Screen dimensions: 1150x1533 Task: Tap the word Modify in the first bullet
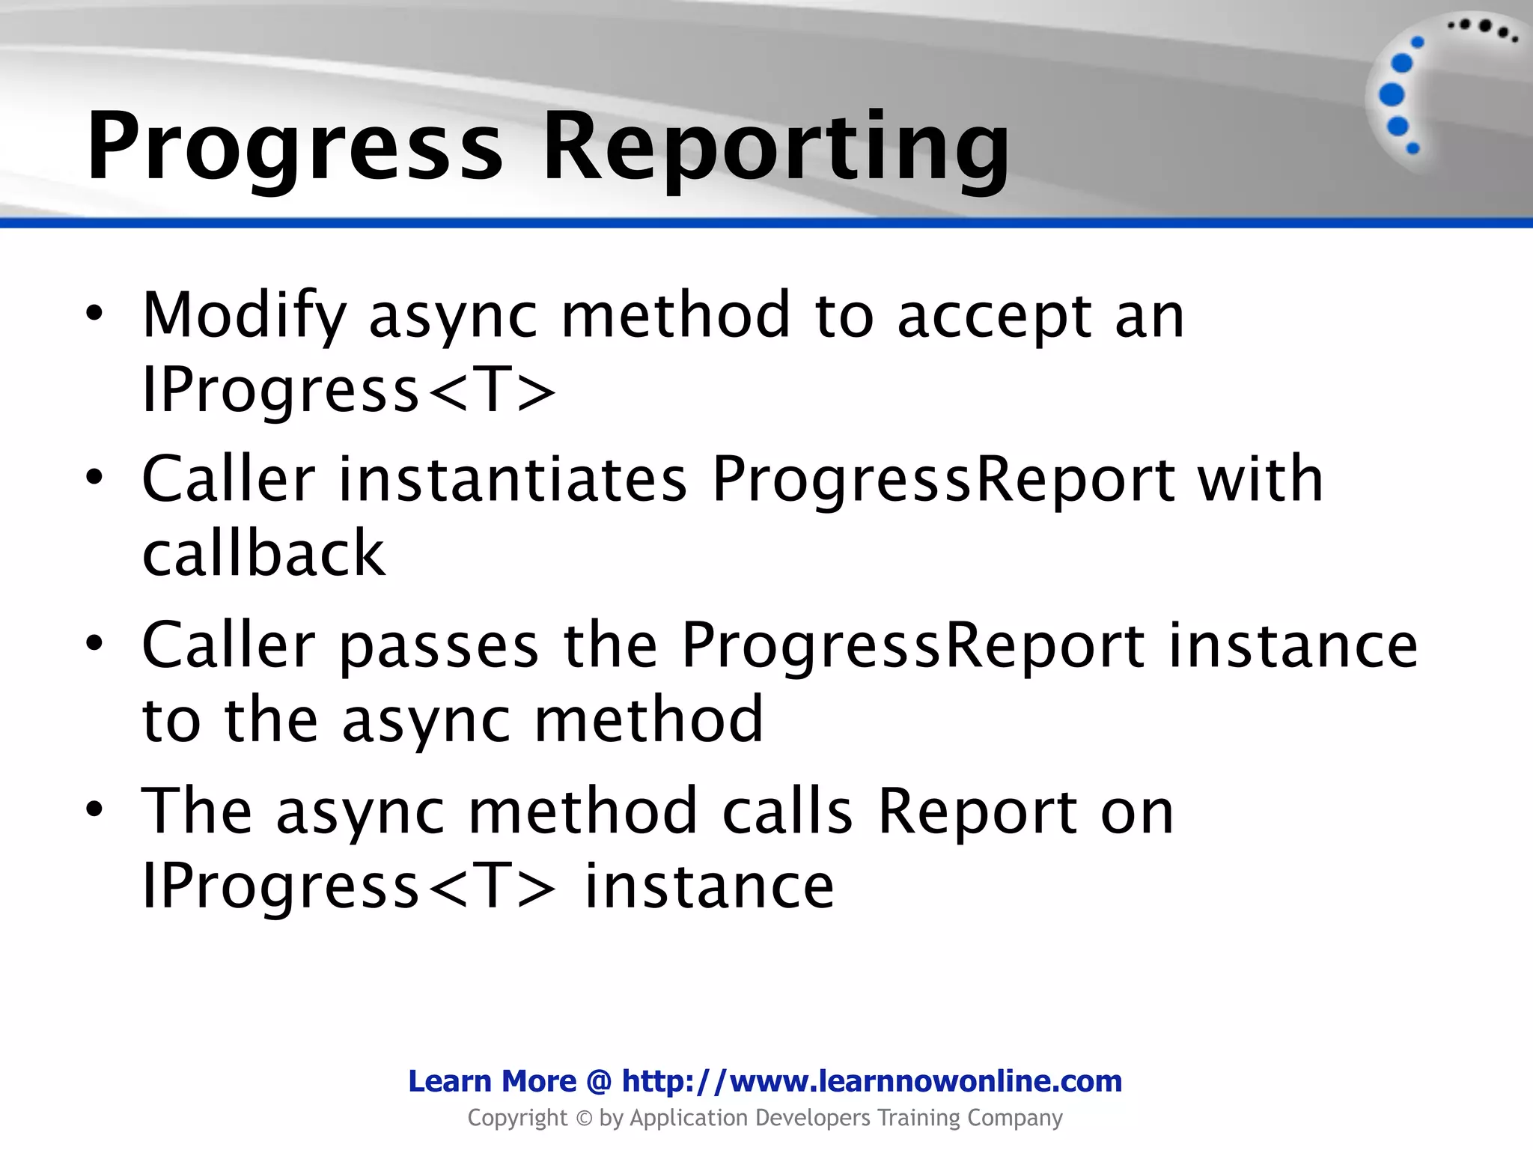pyautogui.click(x=244, y=315)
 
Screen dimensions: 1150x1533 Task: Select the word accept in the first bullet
pyautogui.click(x=993, y=315)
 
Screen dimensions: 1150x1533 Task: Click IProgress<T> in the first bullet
pyautogui.click(x=349, y=390)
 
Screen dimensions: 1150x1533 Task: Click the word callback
pyautogui.click(x=263, y=553)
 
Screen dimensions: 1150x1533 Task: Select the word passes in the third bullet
pyautogui.click(x=439, y=645)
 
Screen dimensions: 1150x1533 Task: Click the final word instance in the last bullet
pyautogui.click(x=708, y=886)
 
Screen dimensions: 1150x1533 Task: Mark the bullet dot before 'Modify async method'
pyautogui.click(x=94, y=314)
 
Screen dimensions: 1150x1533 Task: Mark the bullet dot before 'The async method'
pyautogui.click(x=94, y=809)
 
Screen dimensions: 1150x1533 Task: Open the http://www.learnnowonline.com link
pyautogui.click(x=871, y=1081)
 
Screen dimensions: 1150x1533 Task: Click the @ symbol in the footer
pyautogui.click(x=599, y=1081)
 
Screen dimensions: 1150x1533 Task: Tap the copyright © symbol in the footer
pyautogui.click(x=584, y=1119)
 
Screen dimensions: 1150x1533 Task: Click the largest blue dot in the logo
pyautogui.click(x=1392, y=94)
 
